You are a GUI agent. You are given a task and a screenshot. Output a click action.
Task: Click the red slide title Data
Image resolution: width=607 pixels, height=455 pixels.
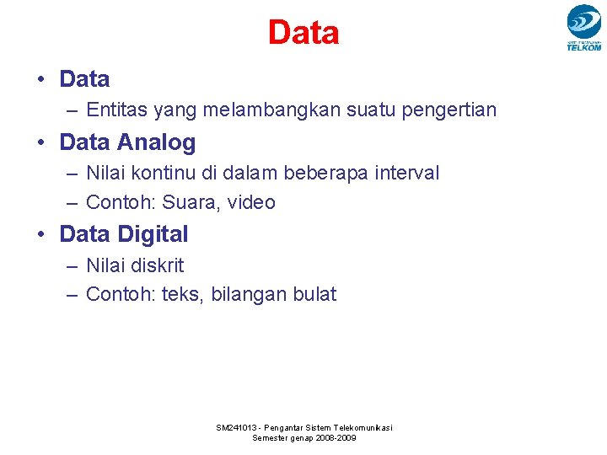303,33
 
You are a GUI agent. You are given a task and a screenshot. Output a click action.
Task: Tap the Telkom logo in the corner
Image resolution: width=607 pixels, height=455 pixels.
583,27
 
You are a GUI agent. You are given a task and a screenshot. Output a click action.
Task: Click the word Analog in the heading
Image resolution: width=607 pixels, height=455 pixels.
157,142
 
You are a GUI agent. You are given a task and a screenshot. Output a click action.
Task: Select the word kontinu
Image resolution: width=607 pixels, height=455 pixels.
164,173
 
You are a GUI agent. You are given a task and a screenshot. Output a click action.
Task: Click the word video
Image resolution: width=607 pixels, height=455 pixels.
252,202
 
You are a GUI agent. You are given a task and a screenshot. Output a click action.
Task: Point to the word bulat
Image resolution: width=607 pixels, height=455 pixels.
314,294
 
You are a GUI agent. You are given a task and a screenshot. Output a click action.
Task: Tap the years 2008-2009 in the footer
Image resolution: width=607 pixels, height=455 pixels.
335,438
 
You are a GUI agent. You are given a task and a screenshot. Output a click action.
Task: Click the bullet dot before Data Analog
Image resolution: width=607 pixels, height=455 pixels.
40,143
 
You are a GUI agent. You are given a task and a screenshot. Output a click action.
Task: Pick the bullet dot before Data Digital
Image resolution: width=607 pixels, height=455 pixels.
40,234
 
